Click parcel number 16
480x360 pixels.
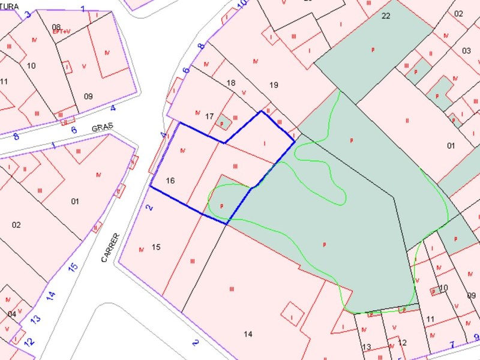point(170,180)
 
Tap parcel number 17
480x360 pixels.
point(209,116)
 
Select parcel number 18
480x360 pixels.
point(231,83)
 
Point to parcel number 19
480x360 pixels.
point(274,85)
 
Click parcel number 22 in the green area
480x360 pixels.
point(386,16)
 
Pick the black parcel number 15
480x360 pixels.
point(156,247)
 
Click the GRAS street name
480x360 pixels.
point(103,128)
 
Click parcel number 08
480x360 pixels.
point(56,26)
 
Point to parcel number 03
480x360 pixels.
point(466,50)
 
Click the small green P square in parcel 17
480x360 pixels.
point(223,123)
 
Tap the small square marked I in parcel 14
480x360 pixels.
point(292,317)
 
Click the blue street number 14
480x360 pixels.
point(51,295)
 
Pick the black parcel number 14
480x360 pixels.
point(248,334)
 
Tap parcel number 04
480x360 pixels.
point(12,314)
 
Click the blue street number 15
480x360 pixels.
point(73,267)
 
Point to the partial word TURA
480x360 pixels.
point(10,6)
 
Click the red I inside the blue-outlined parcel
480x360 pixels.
point(265,143)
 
